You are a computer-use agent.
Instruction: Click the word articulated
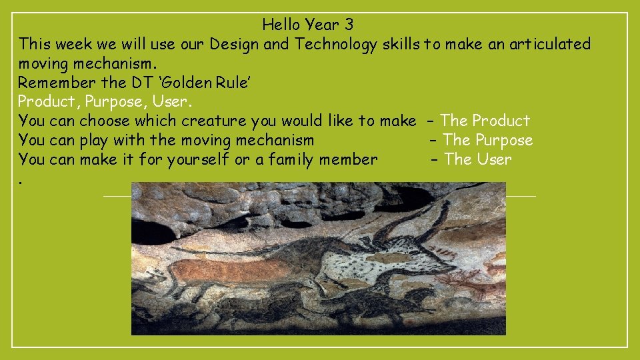click(x=550, y=45)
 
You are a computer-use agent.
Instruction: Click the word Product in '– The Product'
click(x=501, y=121)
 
